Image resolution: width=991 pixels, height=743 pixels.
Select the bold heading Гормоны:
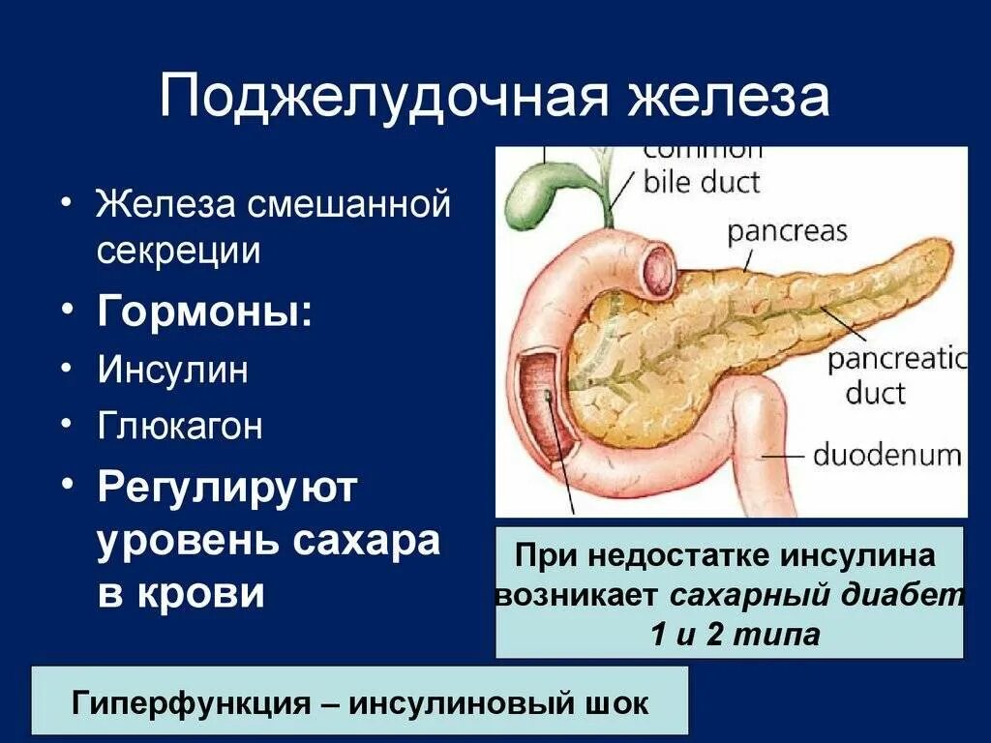204,312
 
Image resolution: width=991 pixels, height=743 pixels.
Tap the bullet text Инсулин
172,371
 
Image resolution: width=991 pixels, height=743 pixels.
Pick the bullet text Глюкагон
179,427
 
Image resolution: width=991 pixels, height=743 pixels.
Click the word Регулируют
227,488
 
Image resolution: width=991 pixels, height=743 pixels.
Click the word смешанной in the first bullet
350,205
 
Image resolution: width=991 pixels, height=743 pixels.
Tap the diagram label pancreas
787,232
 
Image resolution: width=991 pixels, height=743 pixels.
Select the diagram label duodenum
886,456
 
